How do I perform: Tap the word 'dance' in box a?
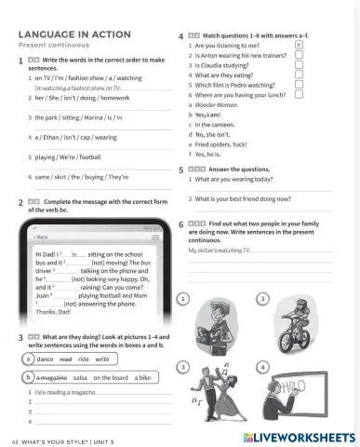pos(45,359)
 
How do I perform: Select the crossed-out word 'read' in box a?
pos(65,359)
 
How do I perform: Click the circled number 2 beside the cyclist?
pos(263,297)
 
